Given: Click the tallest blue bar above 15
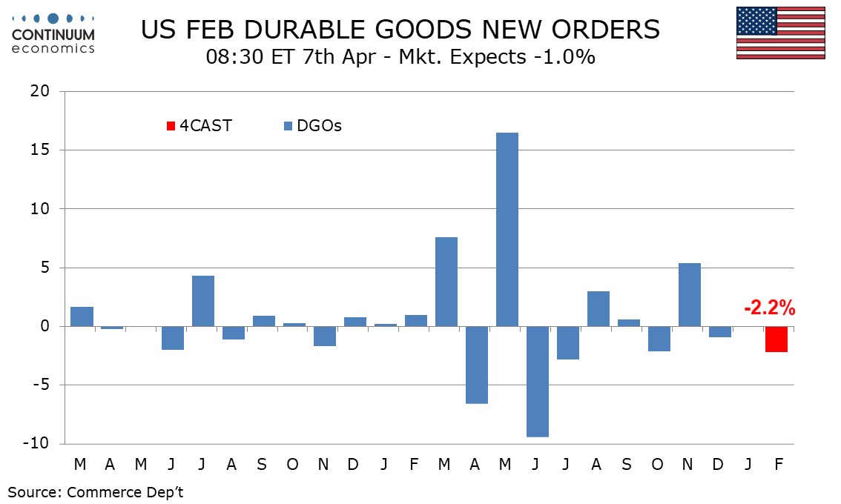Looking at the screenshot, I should [x=507, y=229].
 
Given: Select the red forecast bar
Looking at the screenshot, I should [x=776, y=339].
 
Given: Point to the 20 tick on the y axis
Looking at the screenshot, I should [x=39, y=92].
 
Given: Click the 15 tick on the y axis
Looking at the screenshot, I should [x=39, y=150].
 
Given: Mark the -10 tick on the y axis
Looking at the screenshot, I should [x=36, y=443].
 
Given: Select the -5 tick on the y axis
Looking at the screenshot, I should [x=39, y=385].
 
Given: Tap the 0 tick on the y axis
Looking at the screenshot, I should [x=44, y=326].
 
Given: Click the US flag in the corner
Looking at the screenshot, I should [x=781, y=33].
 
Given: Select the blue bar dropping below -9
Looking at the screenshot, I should [x=537, y=381].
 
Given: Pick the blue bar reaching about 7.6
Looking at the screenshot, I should [x=446, y=282].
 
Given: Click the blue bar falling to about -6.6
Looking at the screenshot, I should [x=476, y=365].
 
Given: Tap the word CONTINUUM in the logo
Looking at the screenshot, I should [x=53, y=34].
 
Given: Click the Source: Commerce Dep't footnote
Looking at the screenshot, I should [x=96, y=492].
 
